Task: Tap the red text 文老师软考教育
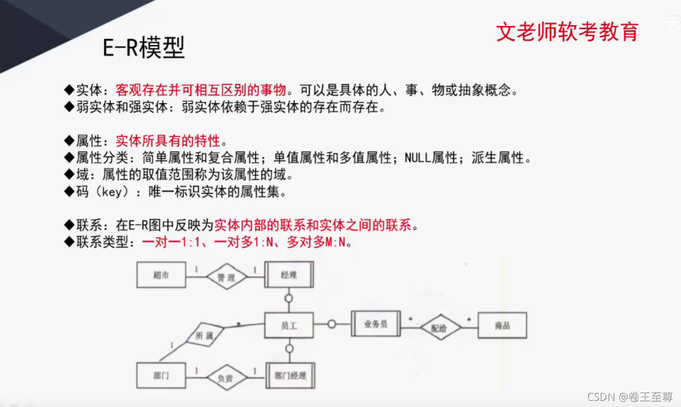click(x=567, y=32)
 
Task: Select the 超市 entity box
click(x=161, y=275)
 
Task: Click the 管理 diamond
click(x=226, y=277)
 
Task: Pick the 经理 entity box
click(x=289, y=275)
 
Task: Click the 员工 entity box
click(x=289, y=325)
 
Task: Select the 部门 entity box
click(x=161, y=375)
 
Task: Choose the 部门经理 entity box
click(x=290, y=375)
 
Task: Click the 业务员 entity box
click(x=376, y=324)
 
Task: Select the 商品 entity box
click(x=502, y=325)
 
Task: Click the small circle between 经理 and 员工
click(x=289, y=298)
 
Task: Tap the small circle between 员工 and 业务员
click(x=332, y=324)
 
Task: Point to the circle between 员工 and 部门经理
click(x=289, y=348)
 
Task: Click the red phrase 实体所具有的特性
click(x=168, y=141)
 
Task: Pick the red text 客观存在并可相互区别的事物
click(x=201, y=90)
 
